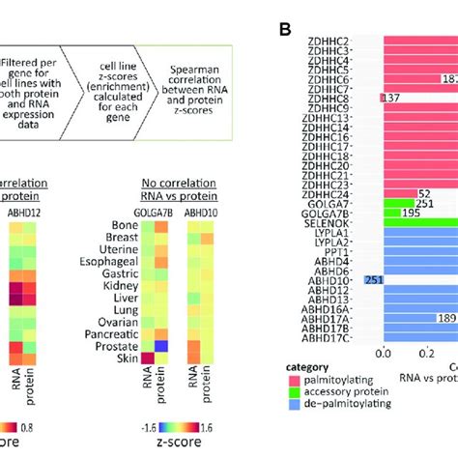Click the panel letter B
pos(285,30)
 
